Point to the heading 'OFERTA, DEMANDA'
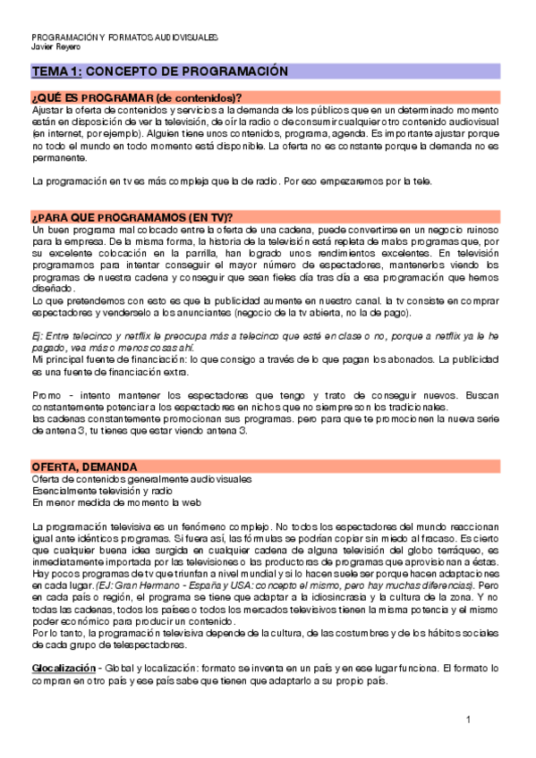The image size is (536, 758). pyautogui.click(x=84, y=467)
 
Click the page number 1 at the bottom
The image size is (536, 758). pyautogui.click(x=467, y=720)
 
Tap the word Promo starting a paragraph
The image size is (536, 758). pyautogui.click(x=45, y=393)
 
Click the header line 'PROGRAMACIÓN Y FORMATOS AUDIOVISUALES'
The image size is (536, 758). pyautogui.click(x=124, y=38)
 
